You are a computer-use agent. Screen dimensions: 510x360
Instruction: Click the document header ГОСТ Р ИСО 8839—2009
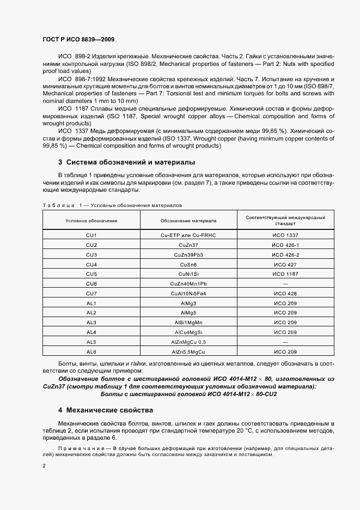77,40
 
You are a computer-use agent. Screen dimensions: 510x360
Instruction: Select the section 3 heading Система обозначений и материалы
126,162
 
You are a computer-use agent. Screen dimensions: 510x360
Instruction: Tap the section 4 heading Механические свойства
106,410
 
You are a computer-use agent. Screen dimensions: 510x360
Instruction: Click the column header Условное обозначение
91,221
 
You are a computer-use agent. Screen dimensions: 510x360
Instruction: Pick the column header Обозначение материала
188,221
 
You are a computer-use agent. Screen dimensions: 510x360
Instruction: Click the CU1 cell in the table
91,235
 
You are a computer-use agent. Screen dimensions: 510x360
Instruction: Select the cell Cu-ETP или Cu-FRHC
188,235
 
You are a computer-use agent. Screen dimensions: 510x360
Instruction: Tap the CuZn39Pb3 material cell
188,254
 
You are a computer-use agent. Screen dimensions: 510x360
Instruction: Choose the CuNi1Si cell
188,274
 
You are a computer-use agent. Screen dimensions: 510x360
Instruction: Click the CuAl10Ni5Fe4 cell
188,294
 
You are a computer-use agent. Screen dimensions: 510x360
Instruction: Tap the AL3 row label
91,323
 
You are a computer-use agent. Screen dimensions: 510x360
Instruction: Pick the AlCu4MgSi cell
188,332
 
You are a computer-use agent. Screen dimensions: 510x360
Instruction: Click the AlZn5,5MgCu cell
188,352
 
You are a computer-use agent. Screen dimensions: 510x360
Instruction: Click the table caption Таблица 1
61,205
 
